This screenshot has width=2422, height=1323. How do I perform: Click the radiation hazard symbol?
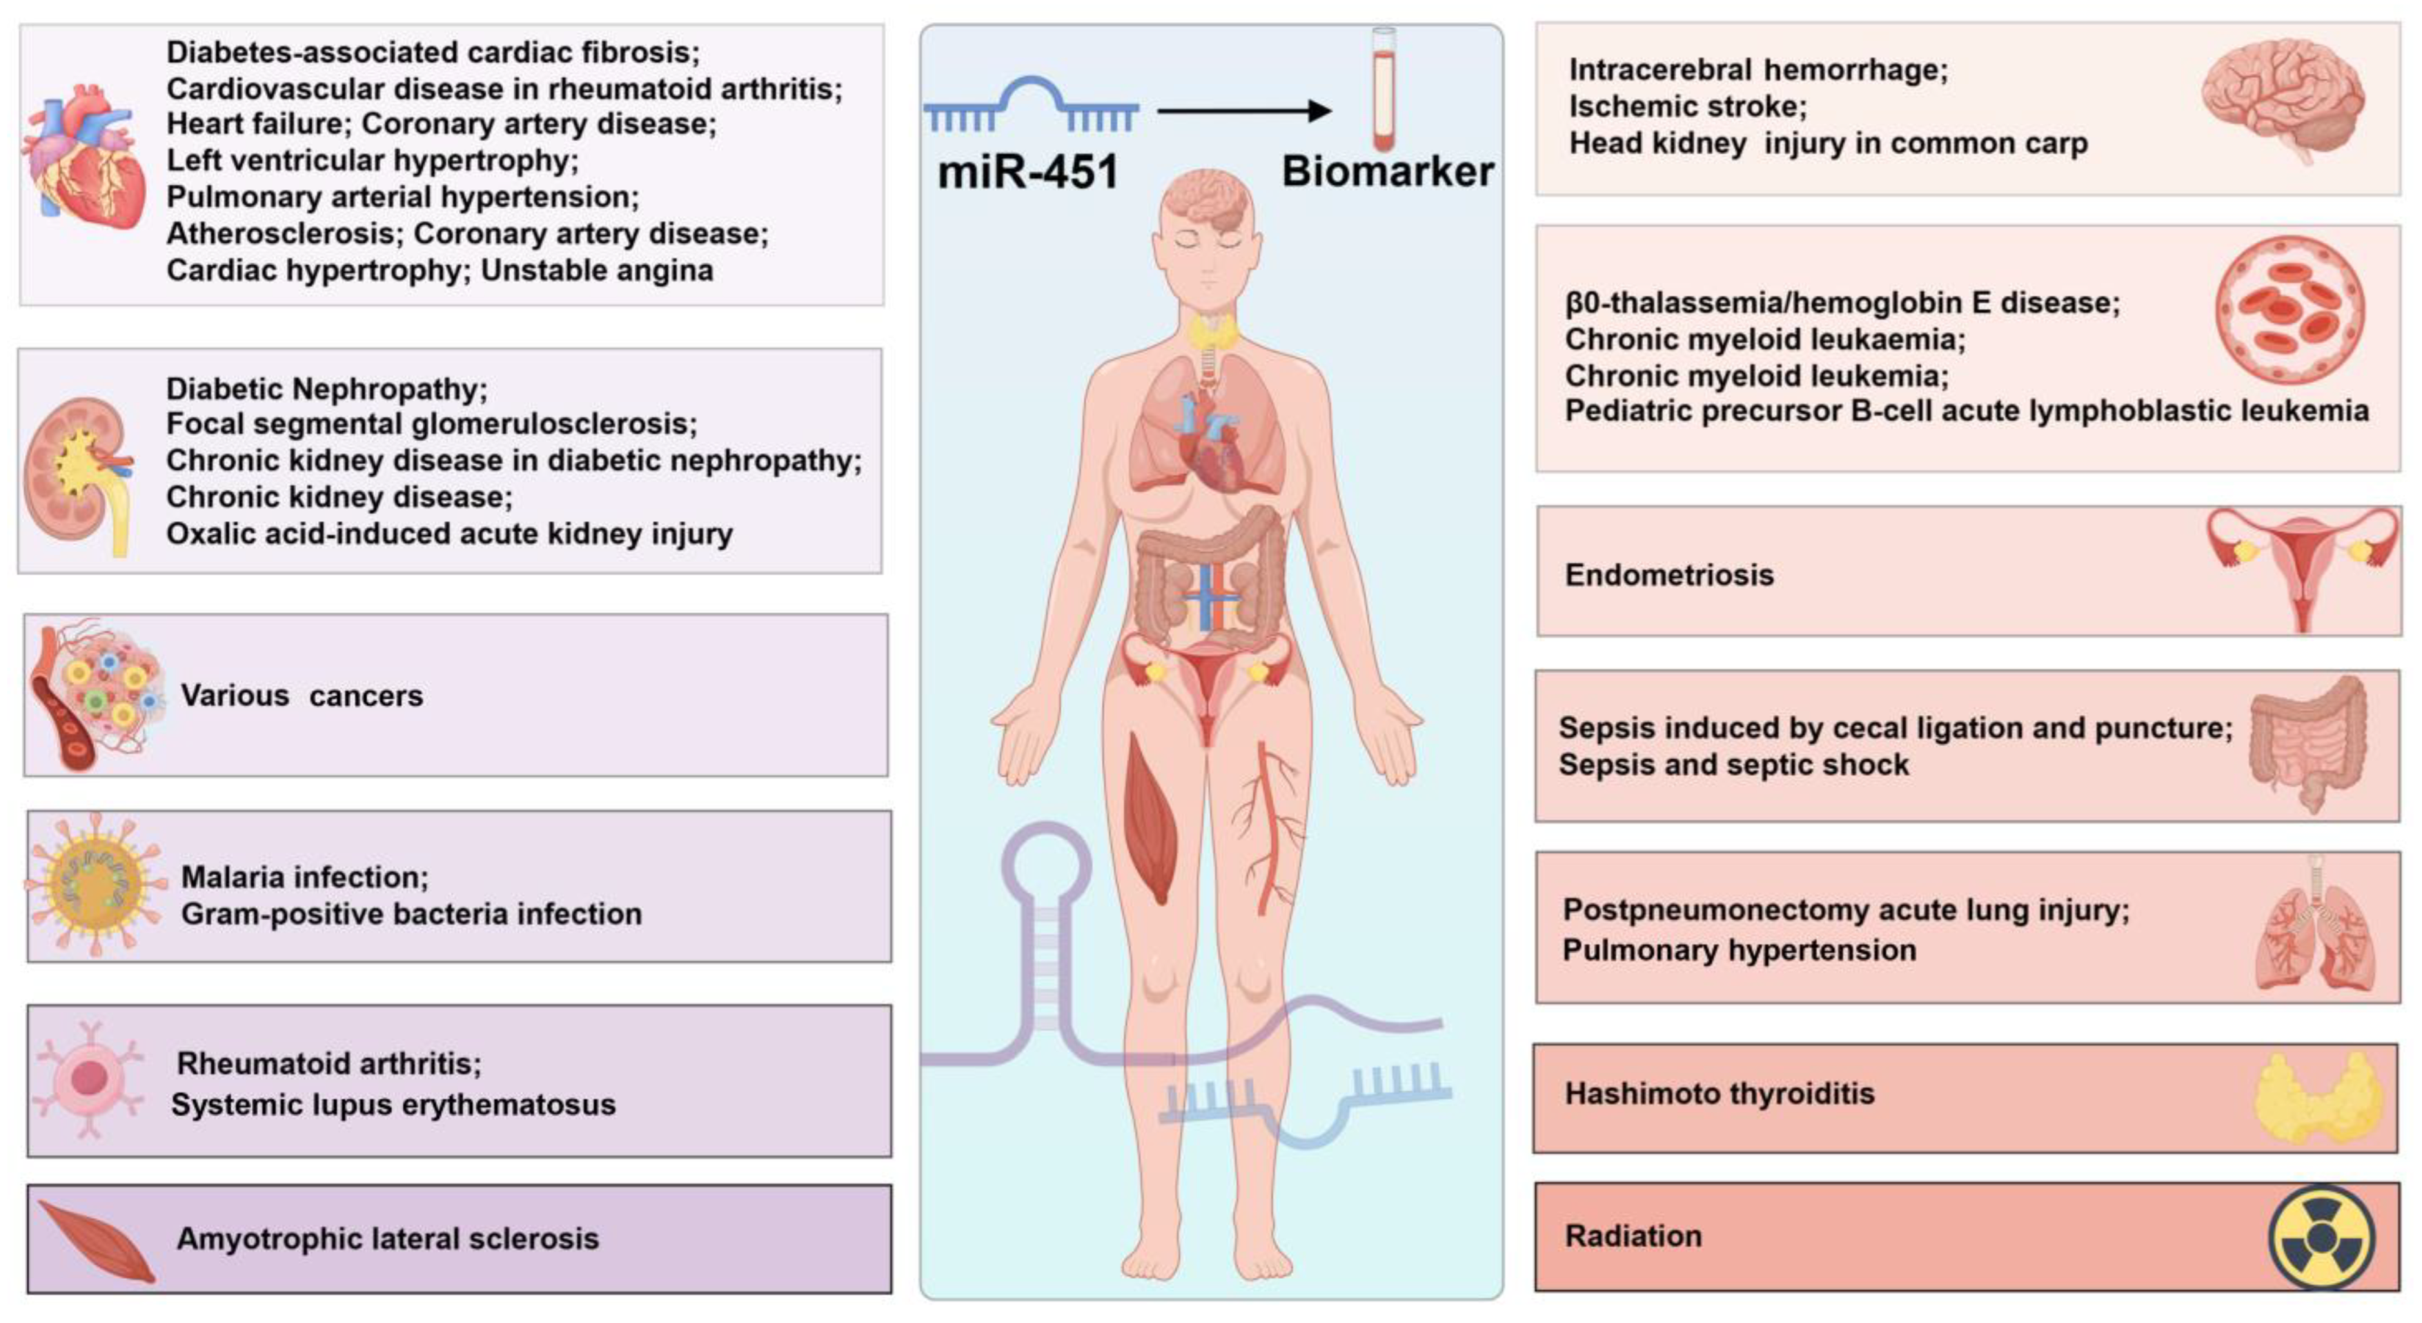[2321, 1237]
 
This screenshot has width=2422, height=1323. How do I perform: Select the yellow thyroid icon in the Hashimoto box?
[2318, 1097]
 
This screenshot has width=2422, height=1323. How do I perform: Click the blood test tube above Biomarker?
[1383, 89]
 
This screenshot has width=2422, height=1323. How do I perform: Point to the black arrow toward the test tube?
[1243, 111]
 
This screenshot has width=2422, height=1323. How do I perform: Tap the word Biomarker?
[1388, 172]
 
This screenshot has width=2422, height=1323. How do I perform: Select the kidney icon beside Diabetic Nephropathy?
[77, 475]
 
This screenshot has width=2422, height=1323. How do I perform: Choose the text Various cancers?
[302, 696]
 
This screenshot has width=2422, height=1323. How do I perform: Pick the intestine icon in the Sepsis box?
[2308, 743]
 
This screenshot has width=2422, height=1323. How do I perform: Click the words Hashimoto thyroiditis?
[1719, 1094]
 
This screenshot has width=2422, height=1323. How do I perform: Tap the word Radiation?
[1633, 1235]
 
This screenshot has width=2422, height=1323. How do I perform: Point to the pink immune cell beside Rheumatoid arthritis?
[89, 1079]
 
